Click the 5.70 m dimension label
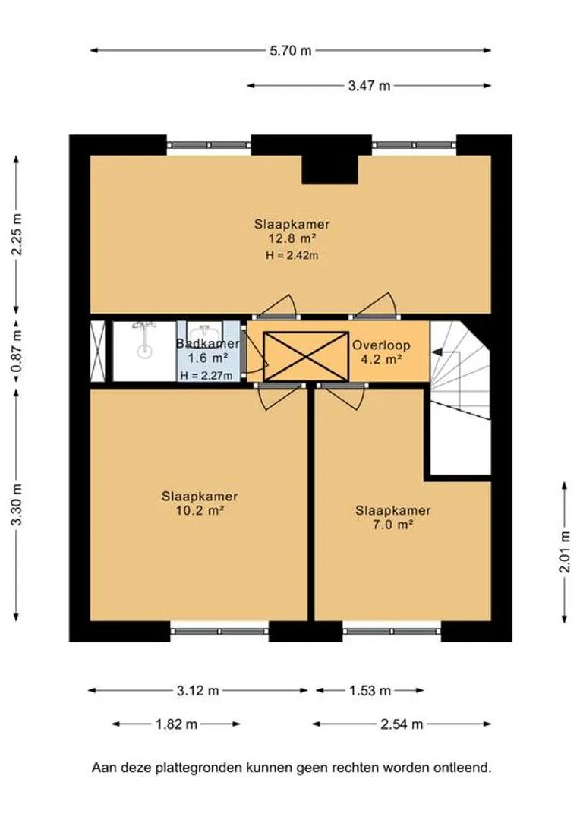click(x=290, y=51)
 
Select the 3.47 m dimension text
click(x=369, y=86)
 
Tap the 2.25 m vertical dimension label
click(x=17, y=235)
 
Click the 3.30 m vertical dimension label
click(x=17, y=505)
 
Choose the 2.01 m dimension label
click(x=565, y=552)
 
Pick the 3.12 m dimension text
click(x=197, y=691)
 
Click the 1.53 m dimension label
click(x=370, y=691)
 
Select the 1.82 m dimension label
click(x=176, y=724)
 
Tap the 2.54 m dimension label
click(x=402, y=724)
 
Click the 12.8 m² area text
click(x=292, y=239)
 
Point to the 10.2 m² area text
click(x=200, y=510)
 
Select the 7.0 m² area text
click(x=392, y=525)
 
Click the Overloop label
click(x=381, y=345)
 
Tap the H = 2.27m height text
click(x=206, y=375)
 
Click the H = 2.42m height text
click(x=292, y=256)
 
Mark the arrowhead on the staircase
click(x=437, y=353)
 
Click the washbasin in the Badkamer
click(x=206, y=332)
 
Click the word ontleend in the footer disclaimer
click(x=462, y=768)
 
